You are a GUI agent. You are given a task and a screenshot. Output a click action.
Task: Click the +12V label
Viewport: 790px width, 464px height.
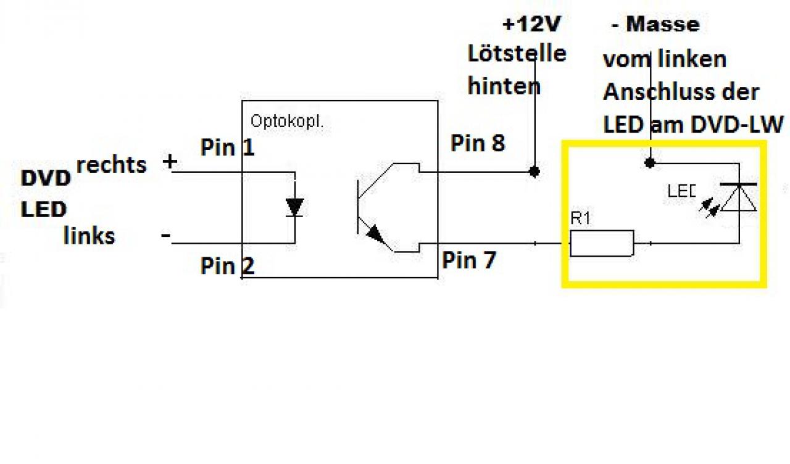tap(531, 24)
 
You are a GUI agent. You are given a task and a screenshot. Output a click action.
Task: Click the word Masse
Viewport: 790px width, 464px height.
tap(663, 24)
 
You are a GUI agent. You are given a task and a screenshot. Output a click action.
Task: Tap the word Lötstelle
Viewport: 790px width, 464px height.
tap(517, 54)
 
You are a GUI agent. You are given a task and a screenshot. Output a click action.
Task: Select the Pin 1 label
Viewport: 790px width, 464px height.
tap(228, 147)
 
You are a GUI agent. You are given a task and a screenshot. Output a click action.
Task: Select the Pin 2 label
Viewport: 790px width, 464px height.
tap(228, 265)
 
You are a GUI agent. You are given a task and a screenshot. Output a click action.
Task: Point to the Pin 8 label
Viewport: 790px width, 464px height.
tap(478, 143)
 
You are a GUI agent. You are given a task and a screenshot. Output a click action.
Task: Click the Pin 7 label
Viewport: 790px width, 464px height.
tap(469, 260)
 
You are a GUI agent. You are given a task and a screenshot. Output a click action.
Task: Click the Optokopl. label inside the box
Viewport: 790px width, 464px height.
tap(287, 122)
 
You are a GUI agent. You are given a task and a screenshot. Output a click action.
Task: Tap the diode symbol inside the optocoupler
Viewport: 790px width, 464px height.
tap(295, 207)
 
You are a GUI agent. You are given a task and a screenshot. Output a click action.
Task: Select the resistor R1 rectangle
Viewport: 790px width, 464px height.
tap(602, 243)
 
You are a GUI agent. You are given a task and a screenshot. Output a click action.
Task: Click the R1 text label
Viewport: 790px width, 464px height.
tap(581, 218)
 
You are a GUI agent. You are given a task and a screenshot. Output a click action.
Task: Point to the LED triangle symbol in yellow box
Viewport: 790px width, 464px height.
tap(739, 197)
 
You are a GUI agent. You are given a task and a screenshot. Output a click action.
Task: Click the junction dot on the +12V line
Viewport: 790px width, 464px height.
tap(534, 172)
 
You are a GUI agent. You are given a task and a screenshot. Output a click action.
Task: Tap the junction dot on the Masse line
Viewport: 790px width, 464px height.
tap(650, 163)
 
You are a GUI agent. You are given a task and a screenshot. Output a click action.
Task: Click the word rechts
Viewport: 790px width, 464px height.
tap(112, 165)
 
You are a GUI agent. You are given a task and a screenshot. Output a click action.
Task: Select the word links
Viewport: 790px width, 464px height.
tap(89, 236)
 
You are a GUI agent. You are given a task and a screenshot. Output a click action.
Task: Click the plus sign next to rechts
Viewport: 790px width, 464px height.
tap(170, 162)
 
